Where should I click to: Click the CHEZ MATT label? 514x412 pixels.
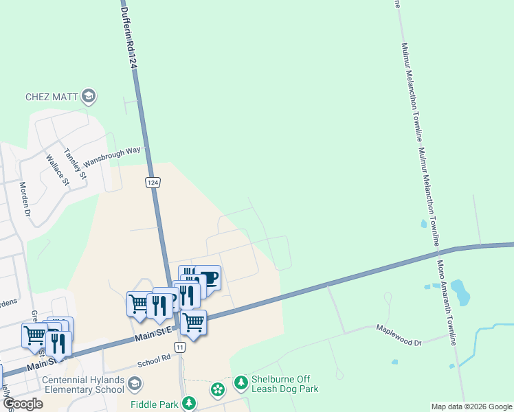52,97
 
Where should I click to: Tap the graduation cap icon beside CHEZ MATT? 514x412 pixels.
88,96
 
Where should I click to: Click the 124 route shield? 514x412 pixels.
153,182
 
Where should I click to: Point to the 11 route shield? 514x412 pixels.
179,348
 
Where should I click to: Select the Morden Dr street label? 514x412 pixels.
26,200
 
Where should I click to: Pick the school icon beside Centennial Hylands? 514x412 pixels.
135,383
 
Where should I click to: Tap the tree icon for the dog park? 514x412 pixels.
241,381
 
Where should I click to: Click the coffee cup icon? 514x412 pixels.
208,278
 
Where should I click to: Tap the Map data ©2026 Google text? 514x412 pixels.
471,407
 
